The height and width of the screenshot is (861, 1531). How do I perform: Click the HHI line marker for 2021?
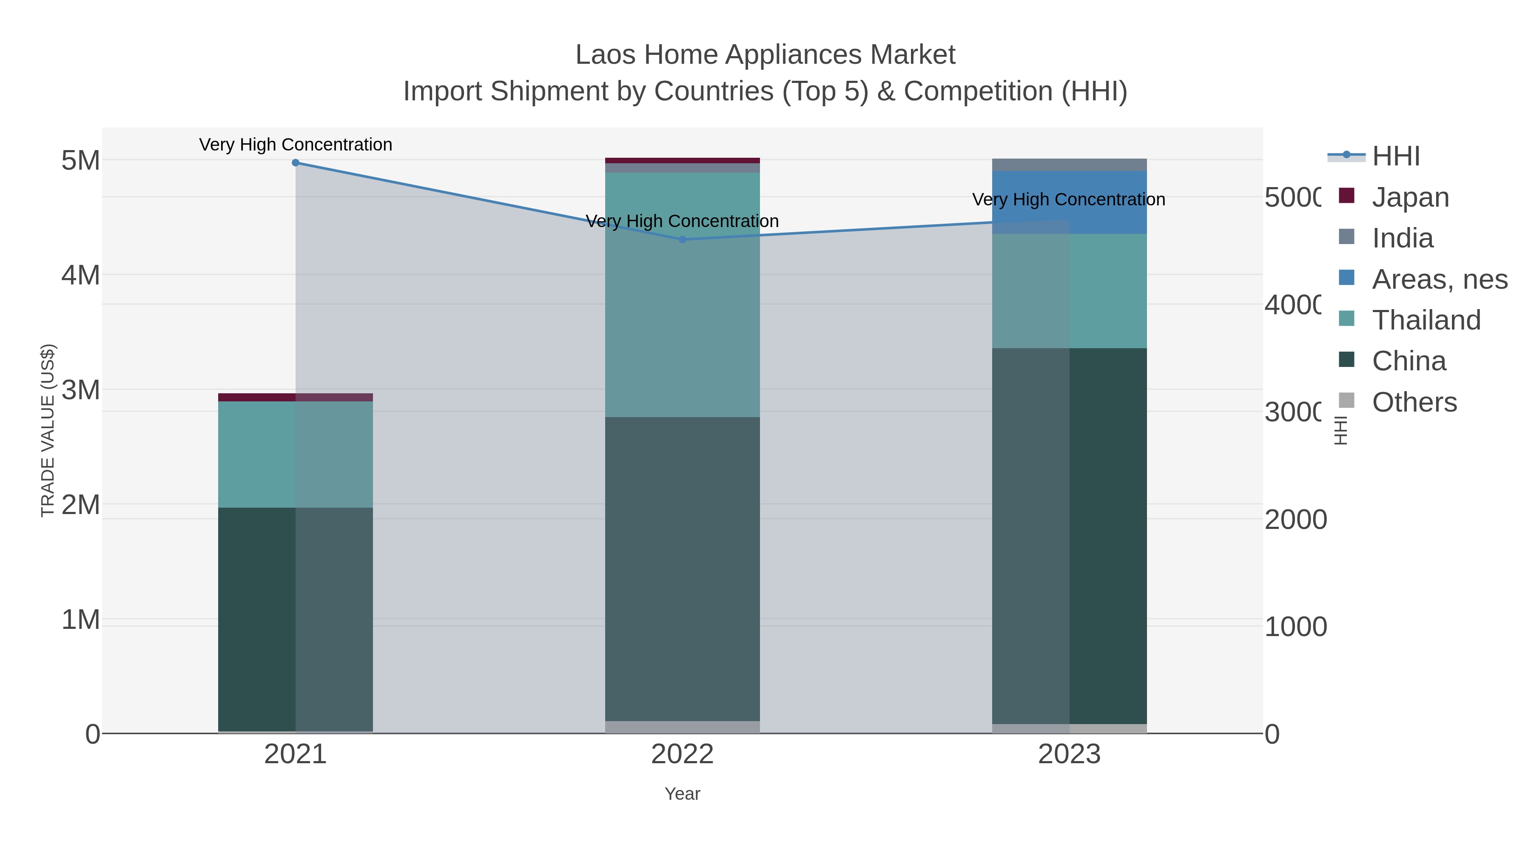click(x=296, y=163)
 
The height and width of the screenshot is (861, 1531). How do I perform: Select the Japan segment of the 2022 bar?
click(x=682, y=160)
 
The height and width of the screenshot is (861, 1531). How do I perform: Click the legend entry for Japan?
click(x=1410, y=197)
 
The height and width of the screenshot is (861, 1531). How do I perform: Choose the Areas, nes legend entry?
click(x=1439, y=279)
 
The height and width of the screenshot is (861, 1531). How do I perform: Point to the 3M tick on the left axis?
click(x=81, y=390)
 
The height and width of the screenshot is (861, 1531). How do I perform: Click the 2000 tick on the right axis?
click(x=1295, y=520)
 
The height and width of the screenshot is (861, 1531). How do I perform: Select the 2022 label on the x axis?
click(x=682, y=755)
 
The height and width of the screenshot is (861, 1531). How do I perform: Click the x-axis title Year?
click(x=682, y=794)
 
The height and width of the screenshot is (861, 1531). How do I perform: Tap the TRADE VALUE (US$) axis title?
click(x=48, y=430)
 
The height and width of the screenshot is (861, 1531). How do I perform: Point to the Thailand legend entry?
click(x=1426, y=320)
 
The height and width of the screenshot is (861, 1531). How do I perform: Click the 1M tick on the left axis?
click(x=81, y=620)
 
